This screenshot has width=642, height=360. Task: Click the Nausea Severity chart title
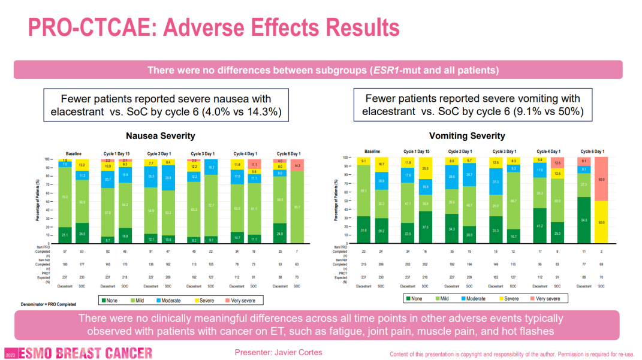(160, 136)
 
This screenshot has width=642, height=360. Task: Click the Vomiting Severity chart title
(467, 136)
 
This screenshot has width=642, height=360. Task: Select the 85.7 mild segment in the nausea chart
(297, 207)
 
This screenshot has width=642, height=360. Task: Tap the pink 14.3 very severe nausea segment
(297, 165)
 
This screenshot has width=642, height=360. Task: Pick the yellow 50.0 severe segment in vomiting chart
(601, 221)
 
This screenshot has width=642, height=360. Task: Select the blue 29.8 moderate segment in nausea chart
(168, 178)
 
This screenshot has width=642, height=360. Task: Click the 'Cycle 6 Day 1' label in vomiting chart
(592, 152)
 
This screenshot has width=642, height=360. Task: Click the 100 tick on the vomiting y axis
(345, 158)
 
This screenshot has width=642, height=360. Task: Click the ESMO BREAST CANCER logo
(78, 353)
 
